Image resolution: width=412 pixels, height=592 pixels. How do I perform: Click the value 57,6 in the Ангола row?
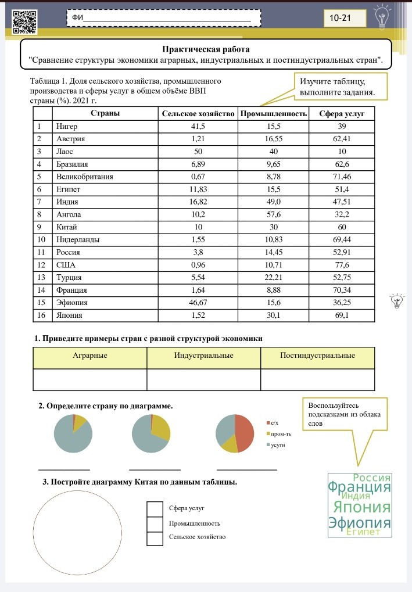tap(273, 214)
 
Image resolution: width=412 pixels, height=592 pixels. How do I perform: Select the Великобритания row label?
tap(84, 177)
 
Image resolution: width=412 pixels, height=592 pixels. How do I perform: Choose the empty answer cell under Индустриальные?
tap(203, 379)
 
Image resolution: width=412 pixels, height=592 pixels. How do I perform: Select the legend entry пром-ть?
tap(281, 434)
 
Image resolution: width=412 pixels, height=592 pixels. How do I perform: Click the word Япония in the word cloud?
tap(360, 507)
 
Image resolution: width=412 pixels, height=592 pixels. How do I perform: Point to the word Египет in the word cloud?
tap(363, 532)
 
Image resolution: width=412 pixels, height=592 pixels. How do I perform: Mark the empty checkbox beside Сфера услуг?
tap(155, 509)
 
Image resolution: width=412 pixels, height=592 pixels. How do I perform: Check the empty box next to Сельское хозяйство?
tap(155, 538)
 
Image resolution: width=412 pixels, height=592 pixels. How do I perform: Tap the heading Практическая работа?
tap(206, 49)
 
